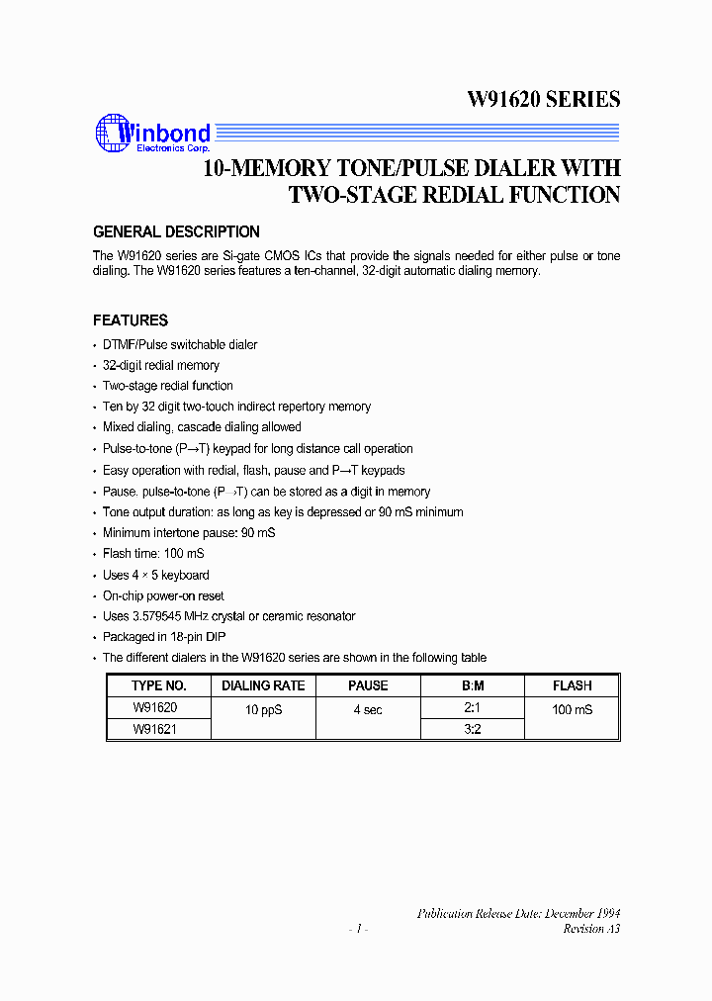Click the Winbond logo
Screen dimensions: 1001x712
pos(152,136)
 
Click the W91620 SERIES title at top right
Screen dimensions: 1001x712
pos(543,99)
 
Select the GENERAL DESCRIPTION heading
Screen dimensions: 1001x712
pos(176,232)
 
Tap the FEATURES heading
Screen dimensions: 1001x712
pos(131,320)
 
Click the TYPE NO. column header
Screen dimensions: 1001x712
pos(158,685)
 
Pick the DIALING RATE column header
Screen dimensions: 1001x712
pos(263,685)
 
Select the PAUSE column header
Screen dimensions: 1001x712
pos(368,685)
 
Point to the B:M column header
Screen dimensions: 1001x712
pos(473,685)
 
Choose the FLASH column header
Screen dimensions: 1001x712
pos(572,685)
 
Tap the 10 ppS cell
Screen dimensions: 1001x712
pos(263,710)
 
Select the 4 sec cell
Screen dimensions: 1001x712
pos(368,710)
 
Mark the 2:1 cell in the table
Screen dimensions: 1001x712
pos(473,708)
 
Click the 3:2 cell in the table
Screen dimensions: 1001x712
pos(473,729)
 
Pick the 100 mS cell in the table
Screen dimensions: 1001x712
pos(573,710)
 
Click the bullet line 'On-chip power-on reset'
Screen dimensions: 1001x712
pos(163,595)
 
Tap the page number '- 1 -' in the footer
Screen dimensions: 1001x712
pos(358,929)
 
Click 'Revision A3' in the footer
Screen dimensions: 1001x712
pos(591,929)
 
